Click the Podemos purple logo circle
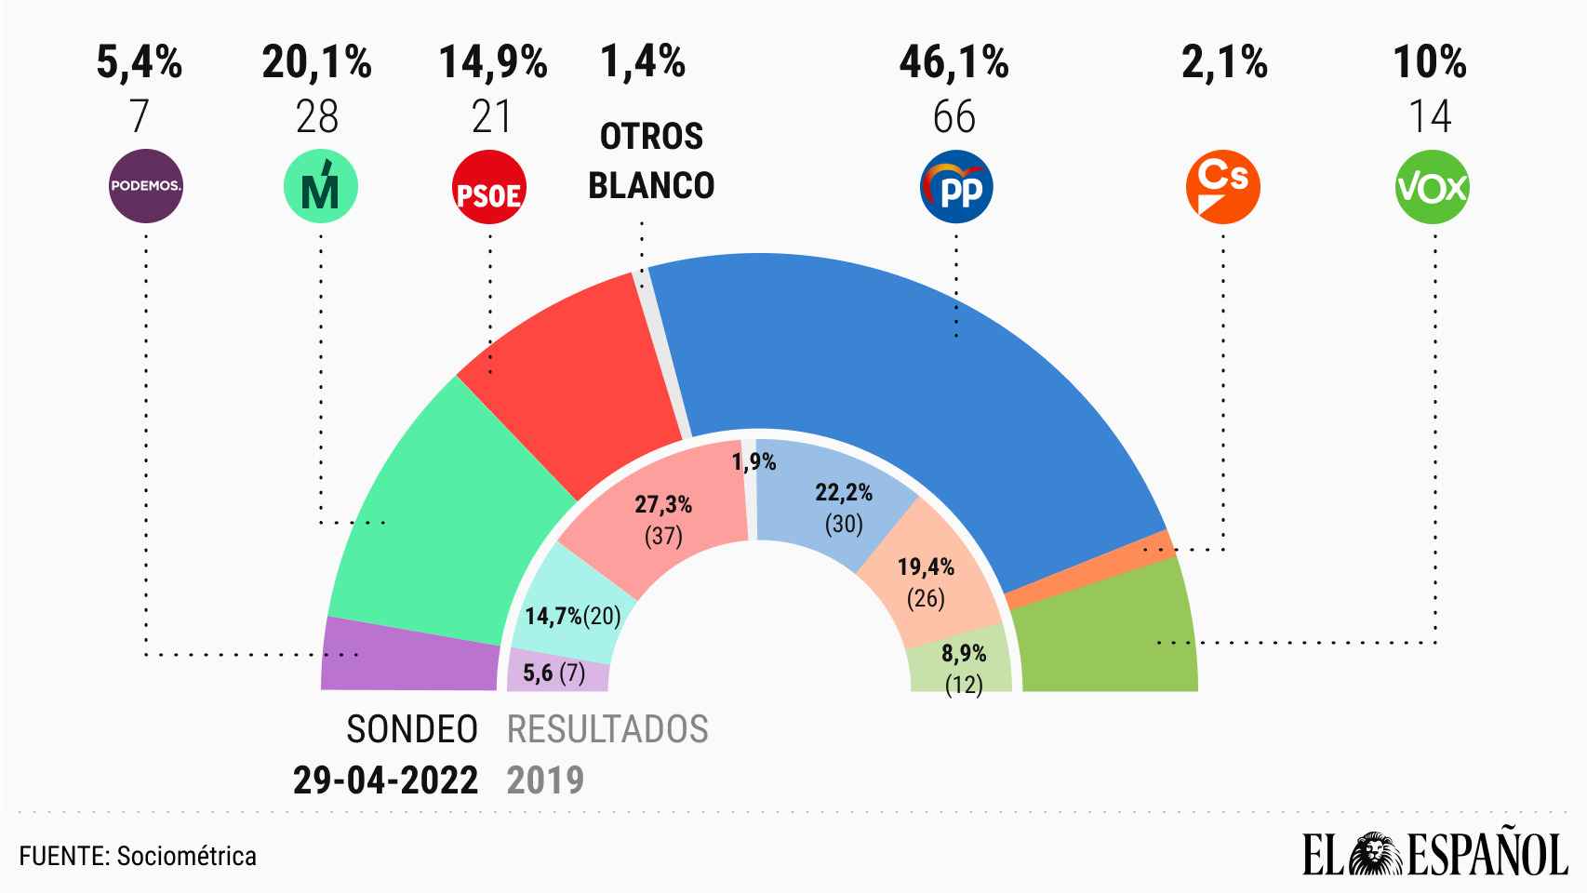[x=145, y=186]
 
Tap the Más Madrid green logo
[x=320, y=187]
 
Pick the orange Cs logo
[x=1222, y=187]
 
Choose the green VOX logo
[x=1433, y=187]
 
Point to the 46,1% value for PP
[x=954, y=63]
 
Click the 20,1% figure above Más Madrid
[x=316, y=63]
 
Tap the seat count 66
[x=954, y=117]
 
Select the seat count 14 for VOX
[x=1430, y=117]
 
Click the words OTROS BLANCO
[x=651, y=161]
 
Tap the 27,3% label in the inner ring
[x=663, y=505]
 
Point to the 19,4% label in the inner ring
[x=926, y=566]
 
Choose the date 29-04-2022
[x=385, y=780]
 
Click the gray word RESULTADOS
[x=607, y=729]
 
